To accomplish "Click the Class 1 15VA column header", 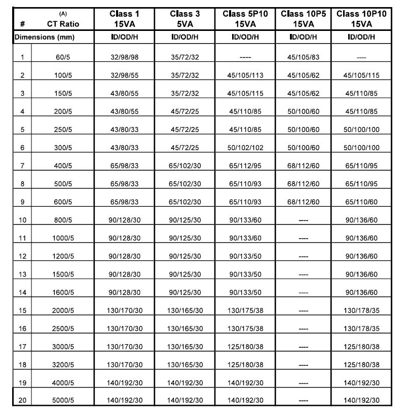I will pos(124,19).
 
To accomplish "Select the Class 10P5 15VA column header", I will pos(303,19).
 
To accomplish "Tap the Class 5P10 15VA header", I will pos(245,19).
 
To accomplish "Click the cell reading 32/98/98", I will pos(124,57).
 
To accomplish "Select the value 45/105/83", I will pos(303,57).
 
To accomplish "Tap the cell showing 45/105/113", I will pos(245,76).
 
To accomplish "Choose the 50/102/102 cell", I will pos(245,147).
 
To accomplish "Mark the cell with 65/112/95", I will pos(245,166).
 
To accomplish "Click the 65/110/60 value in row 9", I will pos(361,202).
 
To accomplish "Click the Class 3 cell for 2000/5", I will pos(185,310).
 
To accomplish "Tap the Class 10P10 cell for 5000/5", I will pos(361,400).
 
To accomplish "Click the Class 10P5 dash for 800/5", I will pos(303,220).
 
